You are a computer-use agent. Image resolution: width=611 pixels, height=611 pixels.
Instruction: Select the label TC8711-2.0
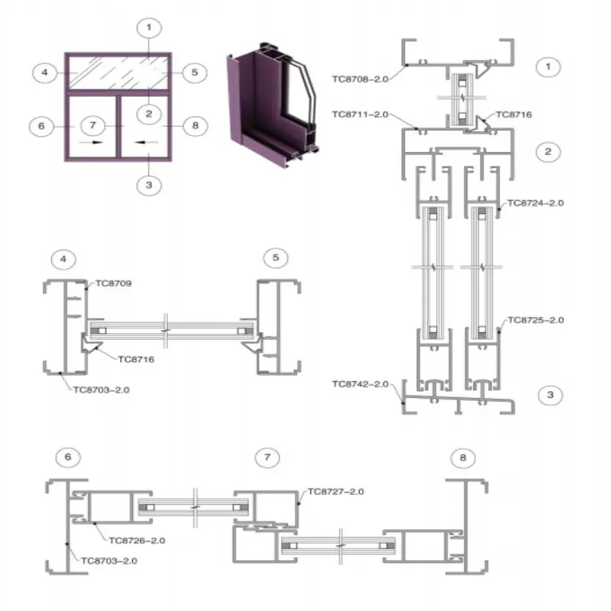click(360, 115)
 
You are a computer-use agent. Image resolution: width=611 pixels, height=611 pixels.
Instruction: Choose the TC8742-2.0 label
click(360, 384)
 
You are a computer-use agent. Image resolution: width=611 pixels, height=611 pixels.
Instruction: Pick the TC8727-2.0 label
click(335, 492)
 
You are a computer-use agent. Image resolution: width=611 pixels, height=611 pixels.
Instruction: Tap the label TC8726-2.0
click(137, 540)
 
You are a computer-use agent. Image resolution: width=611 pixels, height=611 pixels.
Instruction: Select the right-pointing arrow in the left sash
click(92, 142)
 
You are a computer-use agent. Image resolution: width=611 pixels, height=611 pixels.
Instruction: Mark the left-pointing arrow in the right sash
click(150, 142)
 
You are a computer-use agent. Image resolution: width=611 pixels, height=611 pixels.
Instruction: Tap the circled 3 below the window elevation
click(149, 185)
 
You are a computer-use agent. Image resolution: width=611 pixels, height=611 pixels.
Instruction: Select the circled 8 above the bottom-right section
click(461, 458)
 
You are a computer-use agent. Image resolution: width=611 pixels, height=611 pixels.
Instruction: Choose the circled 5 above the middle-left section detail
click(276, 258)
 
